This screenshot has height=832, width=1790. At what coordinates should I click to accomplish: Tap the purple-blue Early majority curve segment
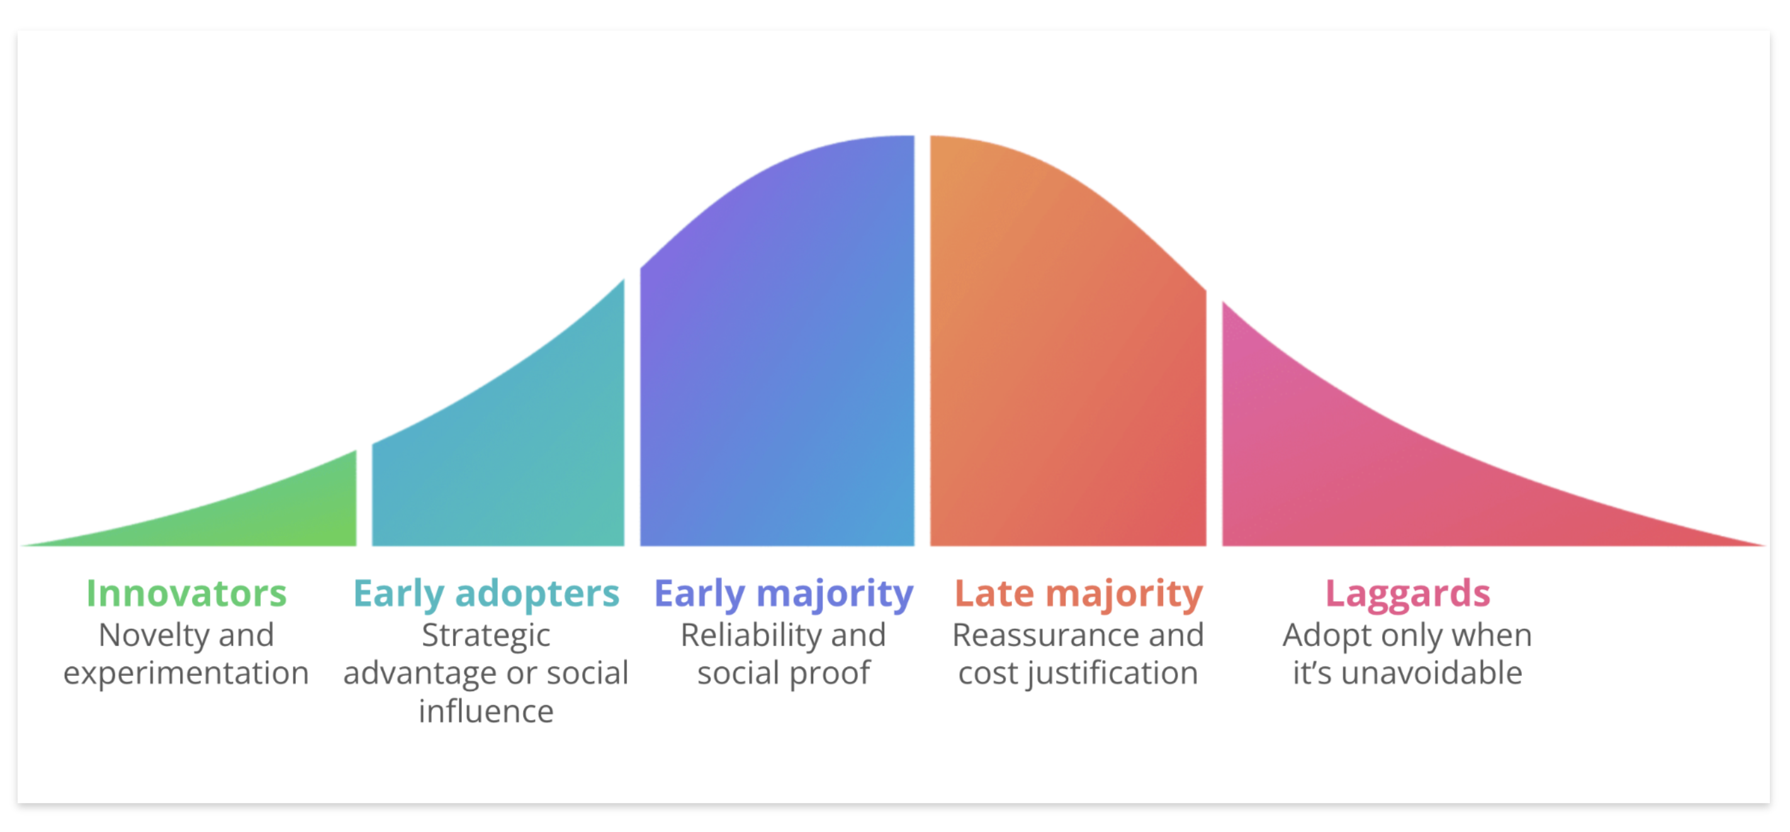777,347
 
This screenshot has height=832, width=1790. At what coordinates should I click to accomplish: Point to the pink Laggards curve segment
1355,473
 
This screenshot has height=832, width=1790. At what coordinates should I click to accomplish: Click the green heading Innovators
186,593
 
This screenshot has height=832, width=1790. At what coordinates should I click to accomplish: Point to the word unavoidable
1431,673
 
